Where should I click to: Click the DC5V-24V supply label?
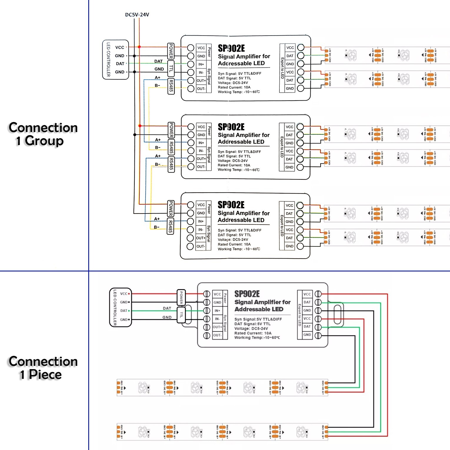pos(137,15)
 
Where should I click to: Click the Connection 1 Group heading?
pos(43,134)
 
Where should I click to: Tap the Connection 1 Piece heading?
pos(43,368)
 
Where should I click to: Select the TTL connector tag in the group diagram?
pos(171,69)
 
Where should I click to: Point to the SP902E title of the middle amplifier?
pos(231,127)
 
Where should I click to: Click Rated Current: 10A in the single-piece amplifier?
pos(253,333)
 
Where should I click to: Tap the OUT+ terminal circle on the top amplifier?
pos(191,80)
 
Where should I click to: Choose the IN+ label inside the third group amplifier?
pos(201,221)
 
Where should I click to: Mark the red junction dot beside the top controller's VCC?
pos(139,47)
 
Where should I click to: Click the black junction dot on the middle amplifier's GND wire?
pos(135,135)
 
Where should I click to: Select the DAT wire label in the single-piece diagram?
pos(167,308)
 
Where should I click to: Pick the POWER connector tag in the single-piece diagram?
pos(181,297)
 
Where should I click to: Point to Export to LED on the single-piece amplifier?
pos(300,315)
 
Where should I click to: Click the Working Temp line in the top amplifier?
pos(239,92)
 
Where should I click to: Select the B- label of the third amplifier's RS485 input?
pos(156,227)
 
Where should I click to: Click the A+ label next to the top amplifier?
pos(158,78)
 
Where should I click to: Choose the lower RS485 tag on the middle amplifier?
pos(171,164)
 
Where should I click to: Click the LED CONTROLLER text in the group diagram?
pos(108,60)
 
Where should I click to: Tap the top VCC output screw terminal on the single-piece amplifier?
pos(318,294)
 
